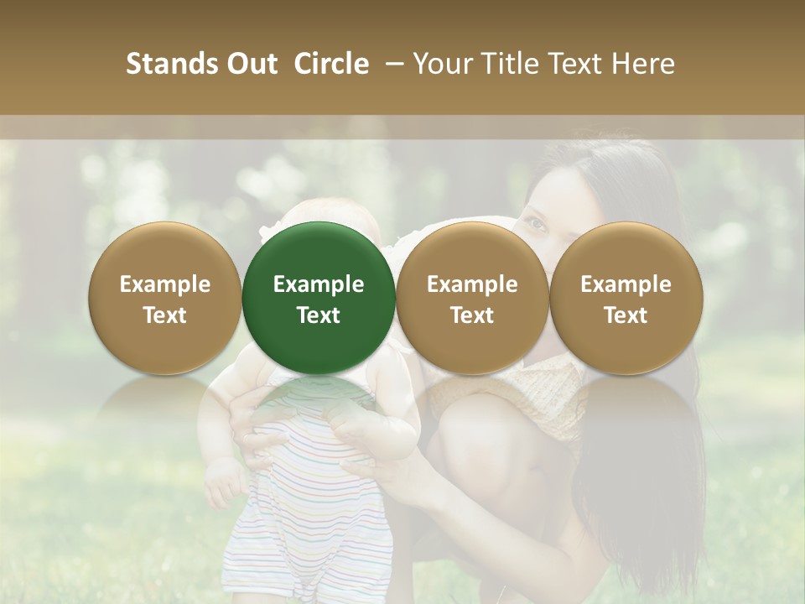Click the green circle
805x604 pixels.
[319, 298]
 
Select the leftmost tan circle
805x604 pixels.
[165, 298]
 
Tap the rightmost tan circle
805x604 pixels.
[626, 298]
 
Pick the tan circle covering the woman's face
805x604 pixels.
[472, 298]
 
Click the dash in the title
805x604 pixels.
[391, 65]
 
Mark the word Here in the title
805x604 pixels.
[644, 65]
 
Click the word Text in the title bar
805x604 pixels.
[577, 65]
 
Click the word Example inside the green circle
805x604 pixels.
[319, 285]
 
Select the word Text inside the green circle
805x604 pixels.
[319, 315]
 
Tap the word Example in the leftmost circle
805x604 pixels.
[165, 285]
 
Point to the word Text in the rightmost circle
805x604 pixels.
[626, 315]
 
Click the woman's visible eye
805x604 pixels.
[534, 224]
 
